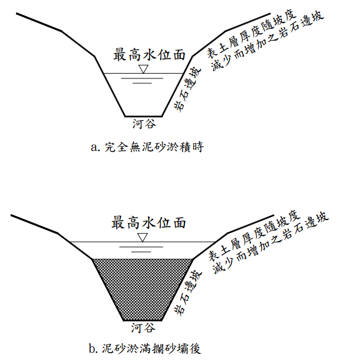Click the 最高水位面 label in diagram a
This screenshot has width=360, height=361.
click(x=150, y=55)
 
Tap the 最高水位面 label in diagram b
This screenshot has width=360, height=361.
click(x=150, y=223)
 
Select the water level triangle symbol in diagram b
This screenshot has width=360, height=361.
click(x=142, y=237)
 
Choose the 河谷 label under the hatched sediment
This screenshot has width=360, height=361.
click(x=143, y=328)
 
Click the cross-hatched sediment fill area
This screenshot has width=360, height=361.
click(x=143, y=289)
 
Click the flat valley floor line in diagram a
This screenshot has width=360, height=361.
click(x=143, y=116)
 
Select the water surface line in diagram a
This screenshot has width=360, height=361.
click(x=118, y=74)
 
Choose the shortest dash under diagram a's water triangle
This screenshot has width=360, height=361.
click(x=142, y=83)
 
